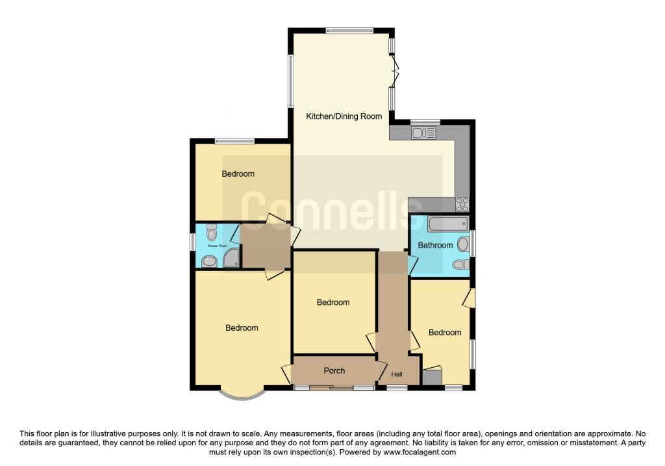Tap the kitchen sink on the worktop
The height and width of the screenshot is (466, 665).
423,133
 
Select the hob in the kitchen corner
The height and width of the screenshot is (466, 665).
462,204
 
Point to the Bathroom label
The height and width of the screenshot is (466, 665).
435,246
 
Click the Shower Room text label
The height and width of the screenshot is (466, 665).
218,246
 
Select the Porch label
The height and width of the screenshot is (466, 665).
334,371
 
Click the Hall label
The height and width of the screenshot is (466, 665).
397,374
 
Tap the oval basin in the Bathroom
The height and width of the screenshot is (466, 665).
463,244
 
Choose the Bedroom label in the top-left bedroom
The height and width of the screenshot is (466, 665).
238,174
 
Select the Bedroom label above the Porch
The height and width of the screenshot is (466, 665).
333,302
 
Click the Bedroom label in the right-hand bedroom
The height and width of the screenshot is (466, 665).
445,333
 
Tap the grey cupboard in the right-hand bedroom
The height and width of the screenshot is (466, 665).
431,377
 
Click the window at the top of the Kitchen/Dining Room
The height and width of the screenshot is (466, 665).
349,30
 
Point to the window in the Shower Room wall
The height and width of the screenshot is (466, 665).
192,242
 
